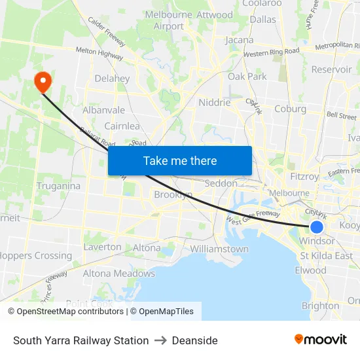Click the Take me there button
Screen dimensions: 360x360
[180, 160]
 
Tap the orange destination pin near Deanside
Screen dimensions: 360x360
[43, 82]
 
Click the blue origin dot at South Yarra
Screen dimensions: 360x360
[316, 226]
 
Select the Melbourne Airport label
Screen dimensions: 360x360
[169, 20]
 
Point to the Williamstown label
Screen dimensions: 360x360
[219, 249]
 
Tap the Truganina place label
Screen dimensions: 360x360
[58, 186]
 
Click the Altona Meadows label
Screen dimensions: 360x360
[125, 274]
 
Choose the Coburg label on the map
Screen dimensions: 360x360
[291, 109]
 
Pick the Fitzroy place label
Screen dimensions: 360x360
[304, 176]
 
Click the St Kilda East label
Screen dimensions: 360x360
[326, 255]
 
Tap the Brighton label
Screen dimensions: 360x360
[321, 306]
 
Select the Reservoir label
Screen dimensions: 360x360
[332, 69]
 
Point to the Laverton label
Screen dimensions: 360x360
[102, 247]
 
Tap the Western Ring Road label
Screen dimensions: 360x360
[271, 51]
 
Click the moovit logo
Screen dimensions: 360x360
[320, 340]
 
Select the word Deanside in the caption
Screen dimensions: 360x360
[195, 340]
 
